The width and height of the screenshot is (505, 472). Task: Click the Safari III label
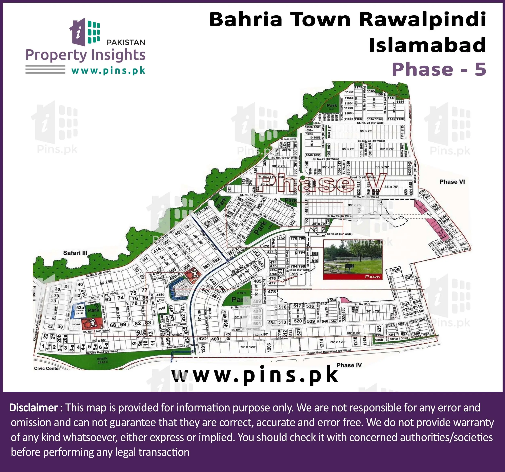point(75,253)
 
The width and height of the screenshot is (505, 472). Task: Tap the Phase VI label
point(452,182)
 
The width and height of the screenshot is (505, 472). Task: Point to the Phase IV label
point(349,365)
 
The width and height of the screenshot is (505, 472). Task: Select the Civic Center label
point(47,368)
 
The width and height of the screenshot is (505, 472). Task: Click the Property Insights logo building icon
point(85,32)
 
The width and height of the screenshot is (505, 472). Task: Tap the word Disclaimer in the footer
point(33,408)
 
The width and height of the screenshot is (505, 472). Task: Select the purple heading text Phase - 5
point(439,69)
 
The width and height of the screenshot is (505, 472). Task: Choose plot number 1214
point(321,343)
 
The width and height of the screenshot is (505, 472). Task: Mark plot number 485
point(257,281)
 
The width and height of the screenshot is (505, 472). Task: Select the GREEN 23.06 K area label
point(102,360)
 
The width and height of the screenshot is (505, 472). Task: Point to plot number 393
point(206,266)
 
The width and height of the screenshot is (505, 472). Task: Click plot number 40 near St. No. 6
point(80,284)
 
